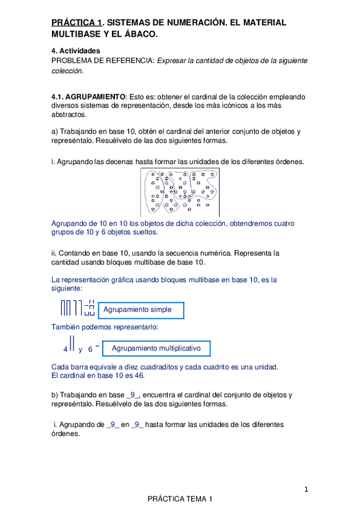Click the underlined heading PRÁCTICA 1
pos(77,22)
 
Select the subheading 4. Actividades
pos(75,51)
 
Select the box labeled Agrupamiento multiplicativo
pos(156,348)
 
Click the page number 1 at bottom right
pos(306,490)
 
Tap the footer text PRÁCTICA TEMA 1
pos(180,499)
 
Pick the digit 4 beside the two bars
pos(66,349)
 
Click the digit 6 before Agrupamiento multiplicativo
pos(90,349)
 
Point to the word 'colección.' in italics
pos(67,70)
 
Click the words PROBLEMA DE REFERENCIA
pos(103,61)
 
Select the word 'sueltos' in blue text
pos(145,232)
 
